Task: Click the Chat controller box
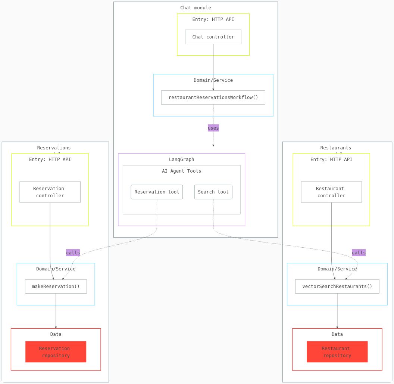pyautogui.click(x=213, y=37)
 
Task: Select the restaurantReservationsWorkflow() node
pyautogui.click(x=213, y=97)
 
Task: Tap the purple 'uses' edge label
pyautogui.click(x=213, y=128)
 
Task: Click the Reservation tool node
pyautogui.click(x=157, y=192)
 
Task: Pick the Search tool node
pyautogui.click(x=213, y=192)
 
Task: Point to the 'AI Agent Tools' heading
pyautogui.click(x=181, y=171)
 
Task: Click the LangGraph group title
pyautogui.click(x=181, y=160)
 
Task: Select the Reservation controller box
pyautogui.click(x=50, y=192)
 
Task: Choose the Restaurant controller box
pyautogui.click(x=331, y=192)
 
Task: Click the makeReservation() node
pyautogui.click(x=56, y=287)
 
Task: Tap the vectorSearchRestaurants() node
pyautogui.click(x=337, y=287)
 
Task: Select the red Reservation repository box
pyautogui.click(x=56, y=352)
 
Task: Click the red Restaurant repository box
pyautogui.click(x=337, y=352)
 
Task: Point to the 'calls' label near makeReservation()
pyautogui.click(x=73, y=253)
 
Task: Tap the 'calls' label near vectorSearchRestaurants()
pyautogui.click(x=359, y=253)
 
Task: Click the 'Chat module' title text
pyautogui.click(x=196, y=8)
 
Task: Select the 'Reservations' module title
pyautogui.click(x=54, y=148)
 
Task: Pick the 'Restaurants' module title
pyautogui.click(x=336, y=148)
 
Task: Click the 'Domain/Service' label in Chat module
pyautogui.click(x=213, y=80)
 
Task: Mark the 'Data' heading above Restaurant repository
pyautogui.click(x=337, y=334)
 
